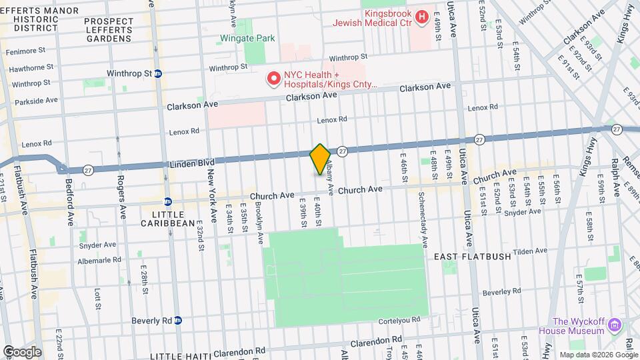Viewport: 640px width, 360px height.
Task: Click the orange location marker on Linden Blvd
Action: (x=320, y=159)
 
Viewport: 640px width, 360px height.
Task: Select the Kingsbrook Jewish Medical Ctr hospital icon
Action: (x=421, y=17)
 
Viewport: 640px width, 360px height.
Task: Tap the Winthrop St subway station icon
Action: (x=158, y=73)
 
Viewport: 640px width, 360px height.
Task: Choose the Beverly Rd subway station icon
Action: (x=177, y=320)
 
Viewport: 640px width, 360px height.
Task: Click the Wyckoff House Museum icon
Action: (x=615, y=325)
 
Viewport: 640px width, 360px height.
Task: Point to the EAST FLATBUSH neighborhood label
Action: (x=472, y=257)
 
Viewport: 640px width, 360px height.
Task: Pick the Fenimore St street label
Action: (x=25, y=50)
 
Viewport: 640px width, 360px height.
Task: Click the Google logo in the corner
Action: (x=21, y=352)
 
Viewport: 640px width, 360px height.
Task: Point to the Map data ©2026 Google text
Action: (x=598, y=355)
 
